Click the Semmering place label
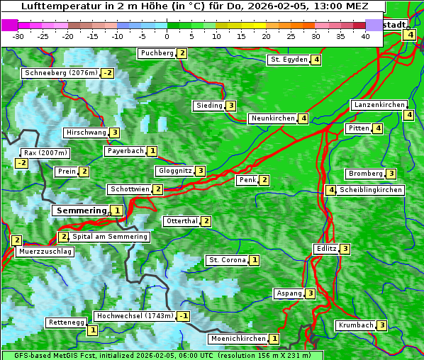(81, 210)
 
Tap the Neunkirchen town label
(273, 118)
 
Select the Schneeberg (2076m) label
(60, 73)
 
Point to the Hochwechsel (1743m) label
(135, 316)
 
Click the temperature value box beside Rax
(21, 163)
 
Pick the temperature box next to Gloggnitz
(201, 171)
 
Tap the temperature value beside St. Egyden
(316, 60)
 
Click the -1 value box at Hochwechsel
(184, 316)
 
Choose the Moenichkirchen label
(238, 339)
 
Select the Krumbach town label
(355, 325)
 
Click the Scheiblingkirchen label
(370, 190)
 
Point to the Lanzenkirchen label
(379, 105)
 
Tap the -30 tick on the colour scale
(18, 36)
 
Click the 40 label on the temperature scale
(365, 36)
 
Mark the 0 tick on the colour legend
(167, 36)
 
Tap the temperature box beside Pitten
(378, 128)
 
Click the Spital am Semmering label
(110, 237)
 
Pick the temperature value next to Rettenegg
(92, 330)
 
